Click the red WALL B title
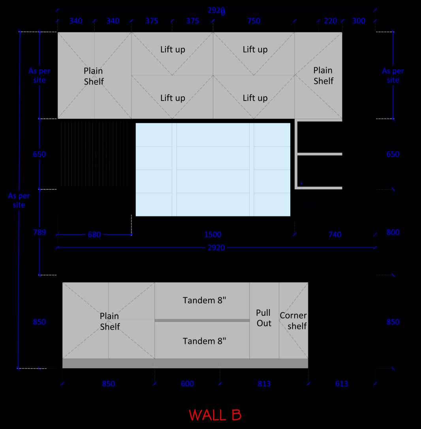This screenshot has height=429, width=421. [x=215, y=415]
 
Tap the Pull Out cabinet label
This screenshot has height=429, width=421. [x=263, y=318]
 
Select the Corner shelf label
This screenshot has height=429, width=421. [x=293, y=321]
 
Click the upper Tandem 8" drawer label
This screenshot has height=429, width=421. [x=204, y=300]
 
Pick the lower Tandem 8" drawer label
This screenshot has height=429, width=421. [x=204, y=341]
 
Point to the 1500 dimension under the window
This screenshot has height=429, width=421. [x=212, y=235]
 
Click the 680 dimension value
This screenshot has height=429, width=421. [x=94, y=235]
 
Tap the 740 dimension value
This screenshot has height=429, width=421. [x=335, y=235]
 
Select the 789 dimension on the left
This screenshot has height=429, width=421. [x=39, y=232]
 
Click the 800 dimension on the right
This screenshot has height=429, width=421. [x=393, y=232]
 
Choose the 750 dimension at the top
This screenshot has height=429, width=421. [x=254, y=21]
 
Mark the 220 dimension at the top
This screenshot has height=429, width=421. [x=330, y=21]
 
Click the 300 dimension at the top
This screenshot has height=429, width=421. [x=359, y=21]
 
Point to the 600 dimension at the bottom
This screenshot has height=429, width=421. [x=187, y=384]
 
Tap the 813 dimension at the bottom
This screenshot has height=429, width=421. [x=264, y=384]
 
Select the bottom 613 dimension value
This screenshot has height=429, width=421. [x=342, y=384]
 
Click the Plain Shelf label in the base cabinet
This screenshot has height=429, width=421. [x=109, y=321]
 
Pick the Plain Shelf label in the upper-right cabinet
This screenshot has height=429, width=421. [x=323, y=75]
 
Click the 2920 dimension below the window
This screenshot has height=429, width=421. [x=216, y=248]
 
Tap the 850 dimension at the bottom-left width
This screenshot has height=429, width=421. [x=108, y=384]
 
